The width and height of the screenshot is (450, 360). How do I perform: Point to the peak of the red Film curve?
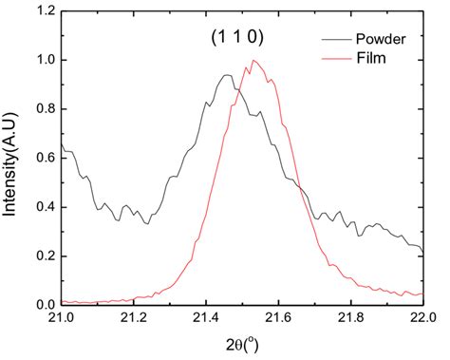coord(253,61)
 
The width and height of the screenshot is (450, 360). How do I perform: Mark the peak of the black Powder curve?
coord(227,75)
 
